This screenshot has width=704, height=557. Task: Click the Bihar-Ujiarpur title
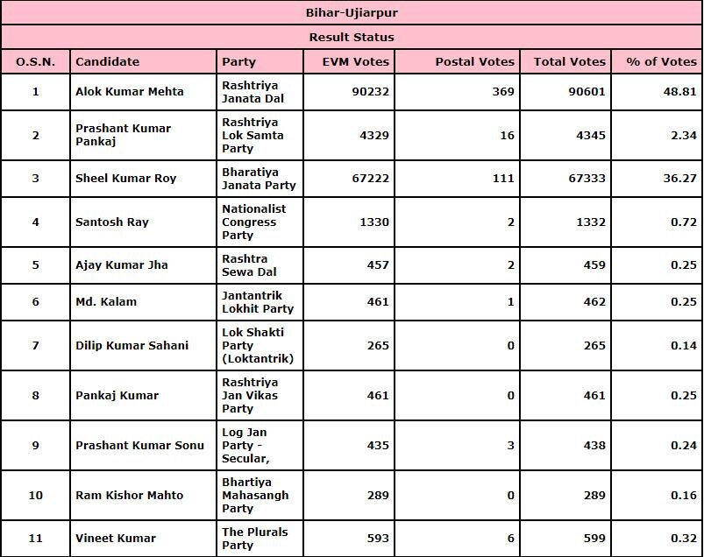click(x=352, y=13)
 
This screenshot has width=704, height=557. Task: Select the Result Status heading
click(x=352, y=37)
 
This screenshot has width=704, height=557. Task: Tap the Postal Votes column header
click(x=474, y=61)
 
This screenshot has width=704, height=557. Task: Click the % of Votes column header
click(x=662, y=61)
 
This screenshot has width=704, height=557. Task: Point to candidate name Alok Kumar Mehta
click(x=130, y=91)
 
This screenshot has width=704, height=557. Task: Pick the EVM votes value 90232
click(x=369, y=91)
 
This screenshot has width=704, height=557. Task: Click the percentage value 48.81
click(x=680, y=91)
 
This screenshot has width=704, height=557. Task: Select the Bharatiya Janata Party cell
click(x=259, y=178)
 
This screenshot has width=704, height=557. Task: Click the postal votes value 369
click(x=503, y=91)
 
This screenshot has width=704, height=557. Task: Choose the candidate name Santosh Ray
click(x=112, y=222)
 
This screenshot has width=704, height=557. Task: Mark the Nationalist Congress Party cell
click(x=254, y=222)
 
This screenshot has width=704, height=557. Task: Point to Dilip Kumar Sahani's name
click(x=132, y=345)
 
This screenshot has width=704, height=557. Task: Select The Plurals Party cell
click(x=254, y=538)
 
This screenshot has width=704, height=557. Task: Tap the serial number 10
click(x=35, y=495)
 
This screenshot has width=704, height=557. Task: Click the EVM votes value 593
click(x=378, y=538)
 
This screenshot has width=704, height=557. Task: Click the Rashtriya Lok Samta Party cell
click(x=252, y=135)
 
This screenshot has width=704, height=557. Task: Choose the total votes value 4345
click(x=588, y=135)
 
